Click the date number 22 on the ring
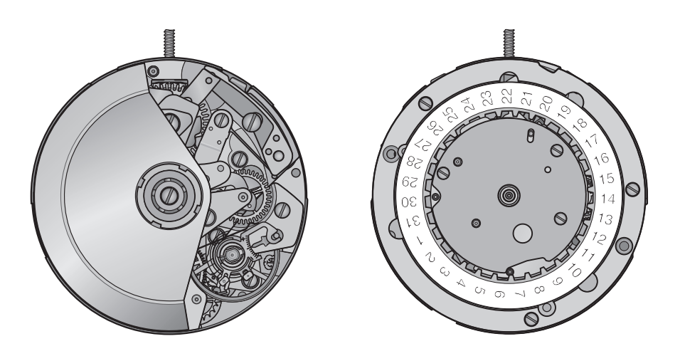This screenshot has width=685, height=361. point(506,95)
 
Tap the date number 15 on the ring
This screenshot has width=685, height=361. point(606,179)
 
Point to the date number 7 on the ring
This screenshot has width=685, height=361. point(520,293)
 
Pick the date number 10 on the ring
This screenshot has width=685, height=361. point(575,272)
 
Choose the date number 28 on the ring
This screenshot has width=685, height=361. point(413,162)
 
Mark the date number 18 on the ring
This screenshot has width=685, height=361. point(580,125)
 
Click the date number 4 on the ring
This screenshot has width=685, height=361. point(461,283)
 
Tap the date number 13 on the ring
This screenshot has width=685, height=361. point(605,219)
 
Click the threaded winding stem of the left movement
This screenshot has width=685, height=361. point(169,43)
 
